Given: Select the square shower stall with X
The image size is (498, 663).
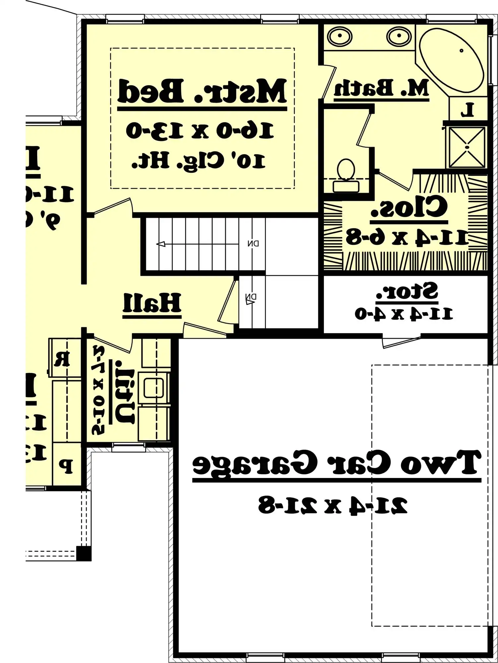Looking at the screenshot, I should (x=467, y=147).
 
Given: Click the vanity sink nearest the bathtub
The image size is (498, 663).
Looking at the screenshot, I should (x=399, y=36).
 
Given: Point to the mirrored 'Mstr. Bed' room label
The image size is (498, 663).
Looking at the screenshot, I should (x=202, y=91).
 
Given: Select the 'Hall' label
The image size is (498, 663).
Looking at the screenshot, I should (x=152, y=303).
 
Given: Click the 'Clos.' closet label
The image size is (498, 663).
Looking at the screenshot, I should (x=409, y=207).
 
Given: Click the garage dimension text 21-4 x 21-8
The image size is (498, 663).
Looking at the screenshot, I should (x=333, y=505).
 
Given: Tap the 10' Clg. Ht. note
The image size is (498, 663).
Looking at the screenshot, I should (x=199, y=161).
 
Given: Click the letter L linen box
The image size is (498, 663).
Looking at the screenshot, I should (x=467, y=110).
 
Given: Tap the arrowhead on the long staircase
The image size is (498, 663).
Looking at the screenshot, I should (x=161, y=244).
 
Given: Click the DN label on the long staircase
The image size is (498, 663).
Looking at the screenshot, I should (x=253, y=243).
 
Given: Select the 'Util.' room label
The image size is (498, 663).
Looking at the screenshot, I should (x=124, y=396).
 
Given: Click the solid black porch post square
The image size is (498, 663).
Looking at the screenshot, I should (x=84, y=554).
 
